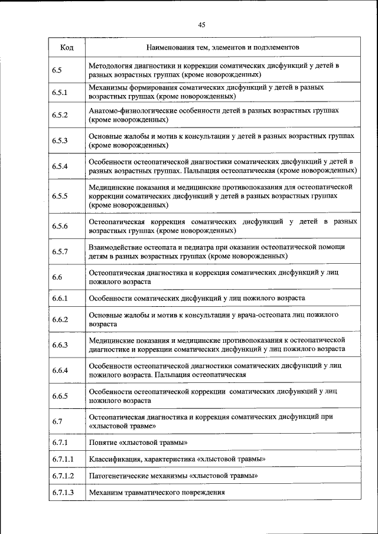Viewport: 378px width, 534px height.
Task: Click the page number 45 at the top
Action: click(x=202, y=24)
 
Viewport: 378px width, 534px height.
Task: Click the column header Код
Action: click(x=67, y=47)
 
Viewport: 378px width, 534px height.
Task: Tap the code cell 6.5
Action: click(x=57, y=70)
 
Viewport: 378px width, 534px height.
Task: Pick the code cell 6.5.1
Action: click(x=60, y=92)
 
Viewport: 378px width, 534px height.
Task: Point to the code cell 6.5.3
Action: click(x=60, y=140)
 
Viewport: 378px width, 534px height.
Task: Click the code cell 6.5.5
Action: click(x=60, y=196)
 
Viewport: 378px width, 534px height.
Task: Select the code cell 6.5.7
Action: click(x=60, y=252)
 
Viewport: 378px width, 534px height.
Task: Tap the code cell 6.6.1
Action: click(x=60, y=299)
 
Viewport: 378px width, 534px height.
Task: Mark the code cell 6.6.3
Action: click(x=60, y=345)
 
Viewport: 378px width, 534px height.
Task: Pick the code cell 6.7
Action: click(x=57, y=421)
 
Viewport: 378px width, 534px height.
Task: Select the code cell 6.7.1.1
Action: click(x=62, y=458)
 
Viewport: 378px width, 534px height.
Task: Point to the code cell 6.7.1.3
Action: click(x=62, y=492)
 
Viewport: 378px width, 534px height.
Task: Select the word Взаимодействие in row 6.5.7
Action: click(x=115, y=247)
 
